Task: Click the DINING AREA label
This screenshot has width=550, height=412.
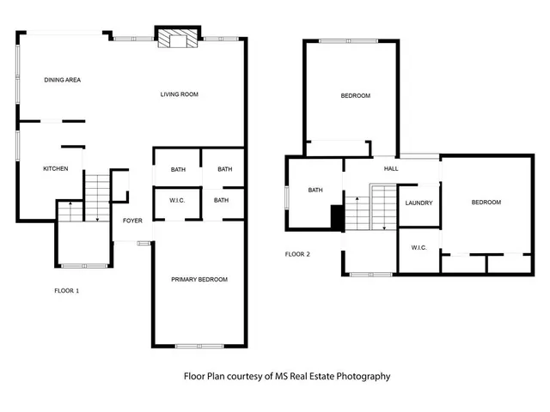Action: (x=62, y=80)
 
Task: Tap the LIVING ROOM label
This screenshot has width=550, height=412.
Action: (x=179, y=94)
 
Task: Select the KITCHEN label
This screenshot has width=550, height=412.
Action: (x=56, y=169)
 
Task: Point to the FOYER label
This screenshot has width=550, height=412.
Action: (x=132, y=221)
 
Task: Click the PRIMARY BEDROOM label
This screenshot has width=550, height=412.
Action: (x=199, y=280)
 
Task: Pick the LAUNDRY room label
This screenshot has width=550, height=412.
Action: (x=419, y=203)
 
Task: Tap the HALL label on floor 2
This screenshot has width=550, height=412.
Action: (x=391, y=169)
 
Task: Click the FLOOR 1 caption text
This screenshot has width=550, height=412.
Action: (x=66, y=291)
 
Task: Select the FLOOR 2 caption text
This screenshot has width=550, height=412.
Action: (x=297, y=254)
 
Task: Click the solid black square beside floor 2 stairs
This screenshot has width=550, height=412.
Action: (x=337, y=218)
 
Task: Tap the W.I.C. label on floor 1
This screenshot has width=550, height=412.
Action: (x=177, y=201)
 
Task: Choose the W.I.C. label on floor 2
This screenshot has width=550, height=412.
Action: (x=419, y=248)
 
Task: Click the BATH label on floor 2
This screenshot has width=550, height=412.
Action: (x=315, y=191)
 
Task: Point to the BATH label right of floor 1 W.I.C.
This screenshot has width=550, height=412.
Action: (x=222, y=201)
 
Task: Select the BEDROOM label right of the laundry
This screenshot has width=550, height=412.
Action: (x=486, y=203)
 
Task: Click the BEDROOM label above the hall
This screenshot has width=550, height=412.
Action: (x=356, y=96)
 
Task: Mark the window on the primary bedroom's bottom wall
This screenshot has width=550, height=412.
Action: (x=199, y=346)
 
